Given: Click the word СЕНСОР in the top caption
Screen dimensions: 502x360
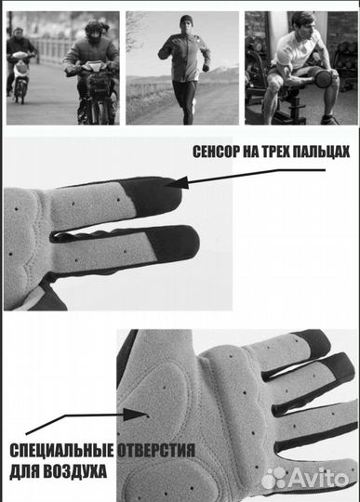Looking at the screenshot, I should (x=215, y=152).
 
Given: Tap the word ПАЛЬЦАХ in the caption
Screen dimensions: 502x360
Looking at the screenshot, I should (x=320, y=152).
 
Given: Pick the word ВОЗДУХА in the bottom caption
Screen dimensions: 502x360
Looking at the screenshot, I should (x=78, y=471).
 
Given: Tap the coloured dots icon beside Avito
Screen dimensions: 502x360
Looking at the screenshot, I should (x=274, y=478).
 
